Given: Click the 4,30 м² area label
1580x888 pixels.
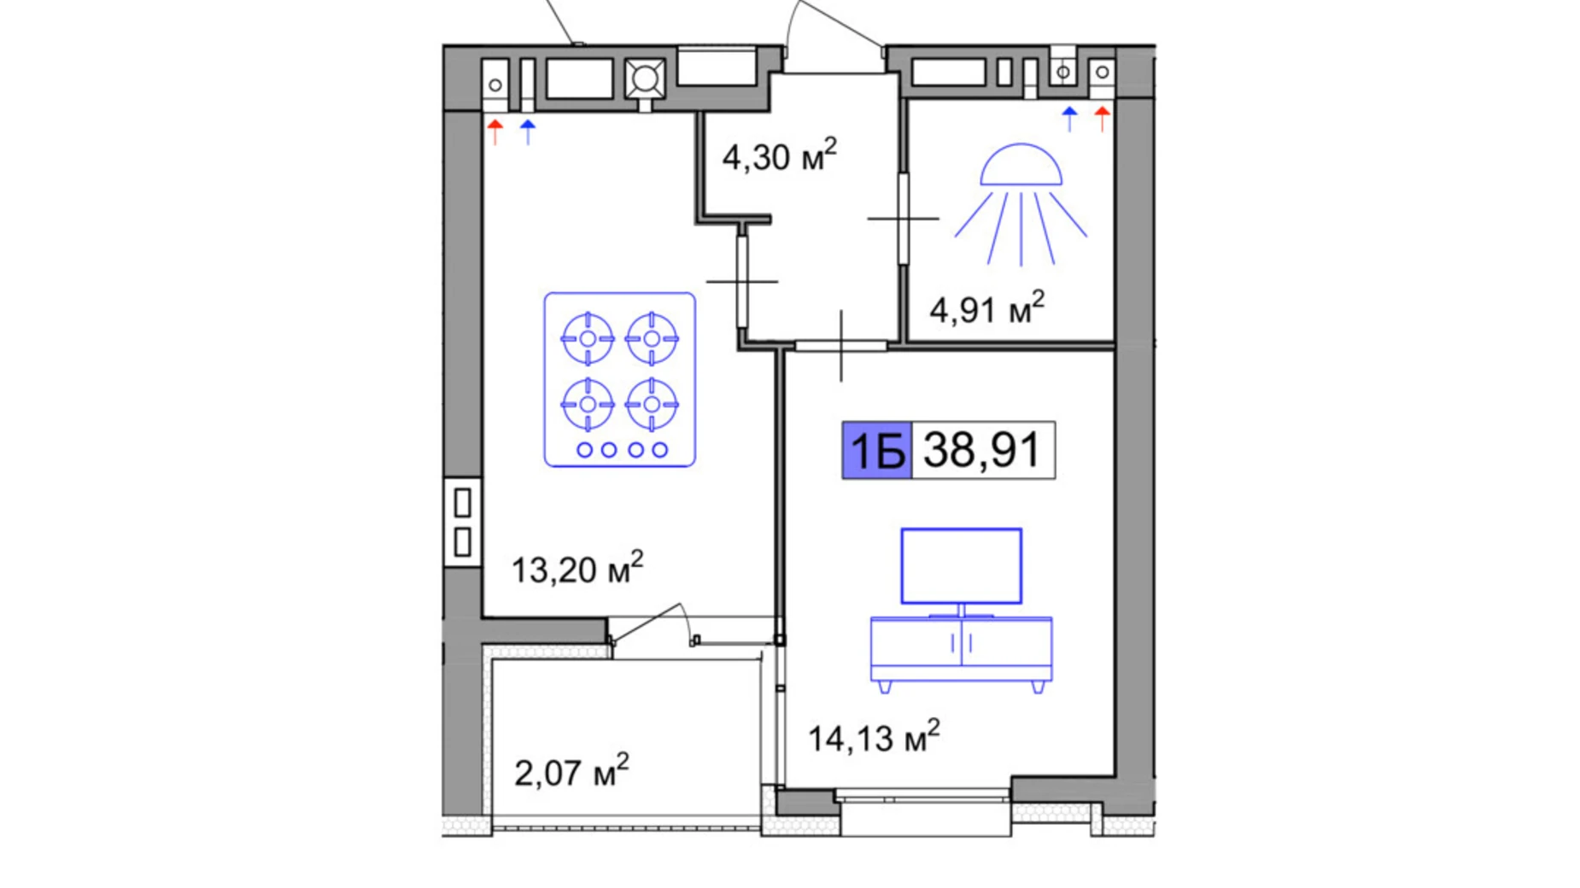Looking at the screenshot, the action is coord(779,156).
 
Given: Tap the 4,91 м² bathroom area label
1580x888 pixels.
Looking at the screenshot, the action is coord(986,308).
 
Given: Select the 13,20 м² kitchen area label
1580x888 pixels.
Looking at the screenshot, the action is coord(576,569).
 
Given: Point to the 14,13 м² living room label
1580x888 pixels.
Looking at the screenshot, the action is coord(874,737).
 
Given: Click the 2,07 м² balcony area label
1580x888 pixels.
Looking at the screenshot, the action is coord(571,772).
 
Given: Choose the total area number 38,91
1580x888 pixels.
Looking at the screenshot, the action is coord(982,450).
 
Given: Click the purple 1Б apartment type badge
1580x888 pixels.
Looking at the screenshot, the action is coord(877,450).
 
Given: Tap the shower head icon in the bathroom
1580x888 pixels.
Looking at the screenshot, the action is coord(1021,204).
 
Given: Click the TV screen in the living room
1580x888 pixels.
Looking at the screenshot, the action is coord(962,566).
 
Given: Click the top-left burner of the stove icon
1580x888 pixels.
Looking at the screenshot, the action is coord(588,339).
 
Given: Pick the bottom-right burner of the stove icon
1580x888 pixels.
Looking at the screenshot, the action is coord(652,404).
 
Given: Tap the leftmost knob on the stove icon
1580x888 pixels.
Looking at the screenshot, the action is coord(584,450).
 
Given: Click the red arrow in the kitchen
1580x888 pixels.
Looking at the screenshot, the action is coord(495,132).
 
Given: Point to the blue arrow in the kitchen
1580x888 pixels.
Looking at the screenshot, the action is coord(528,132).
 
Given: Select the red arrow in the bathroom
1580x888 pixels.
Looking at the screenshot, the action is coord(1103,119).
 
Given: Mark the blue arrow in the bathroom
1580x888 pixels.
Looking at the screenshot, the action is coord(1069,119).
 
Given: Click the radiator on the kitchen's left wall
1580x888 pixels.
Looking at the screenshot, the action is coord(462,522).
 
